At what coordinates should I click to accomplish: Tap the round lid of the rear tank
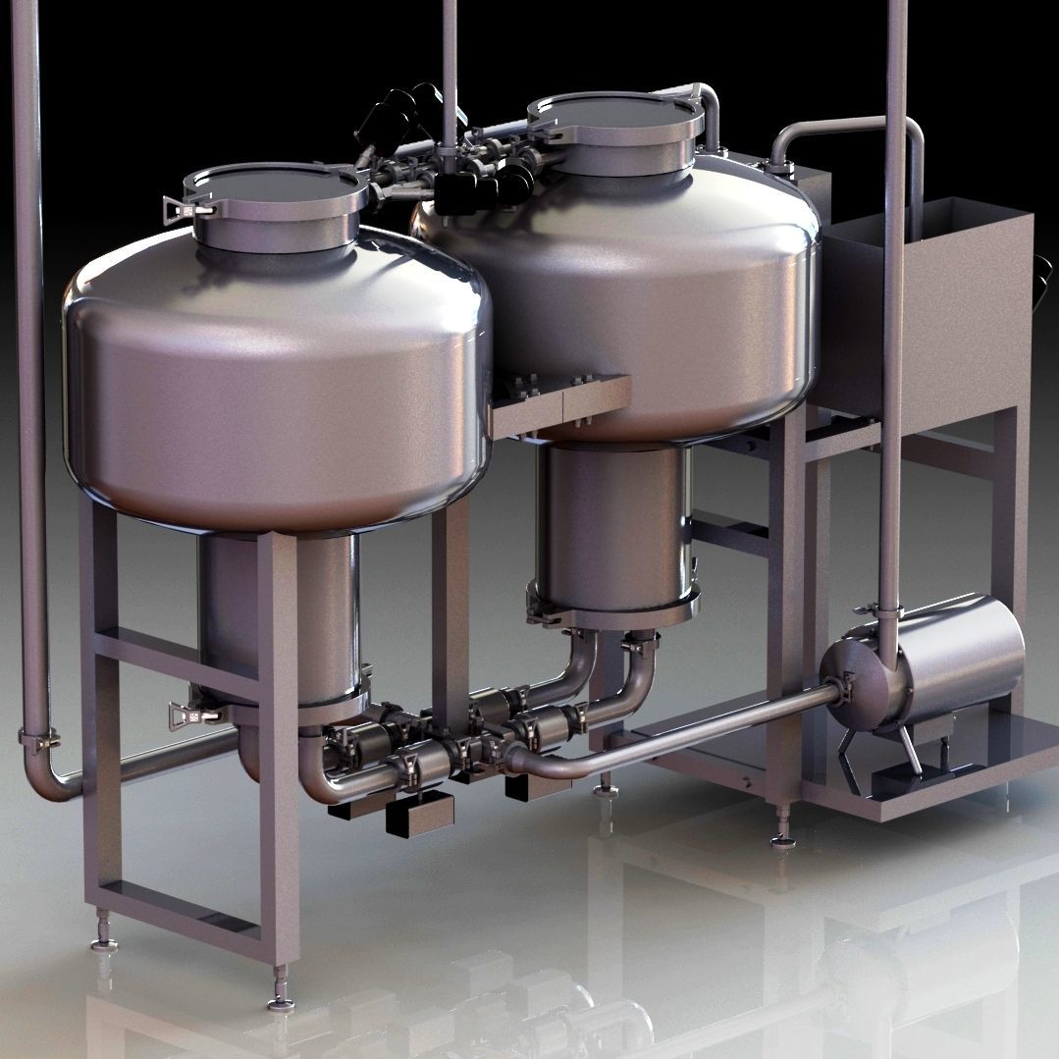click(x=616, y=110)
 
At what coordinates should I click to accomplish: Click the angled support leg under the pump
click(x=908, y=751)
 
